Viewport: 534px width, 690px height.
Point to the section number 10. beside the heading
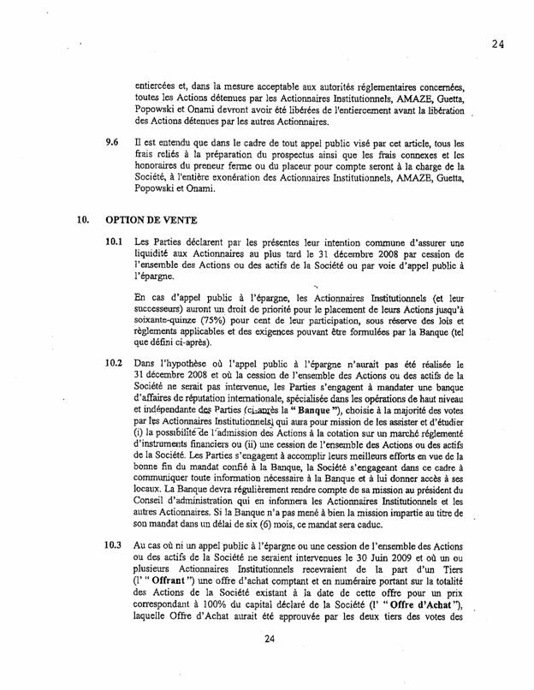tap(85, 218)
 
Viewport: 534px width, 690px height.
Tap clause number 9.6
tap(110, 139)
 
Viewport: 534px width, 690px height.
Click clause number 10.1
tap(112, 242)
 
